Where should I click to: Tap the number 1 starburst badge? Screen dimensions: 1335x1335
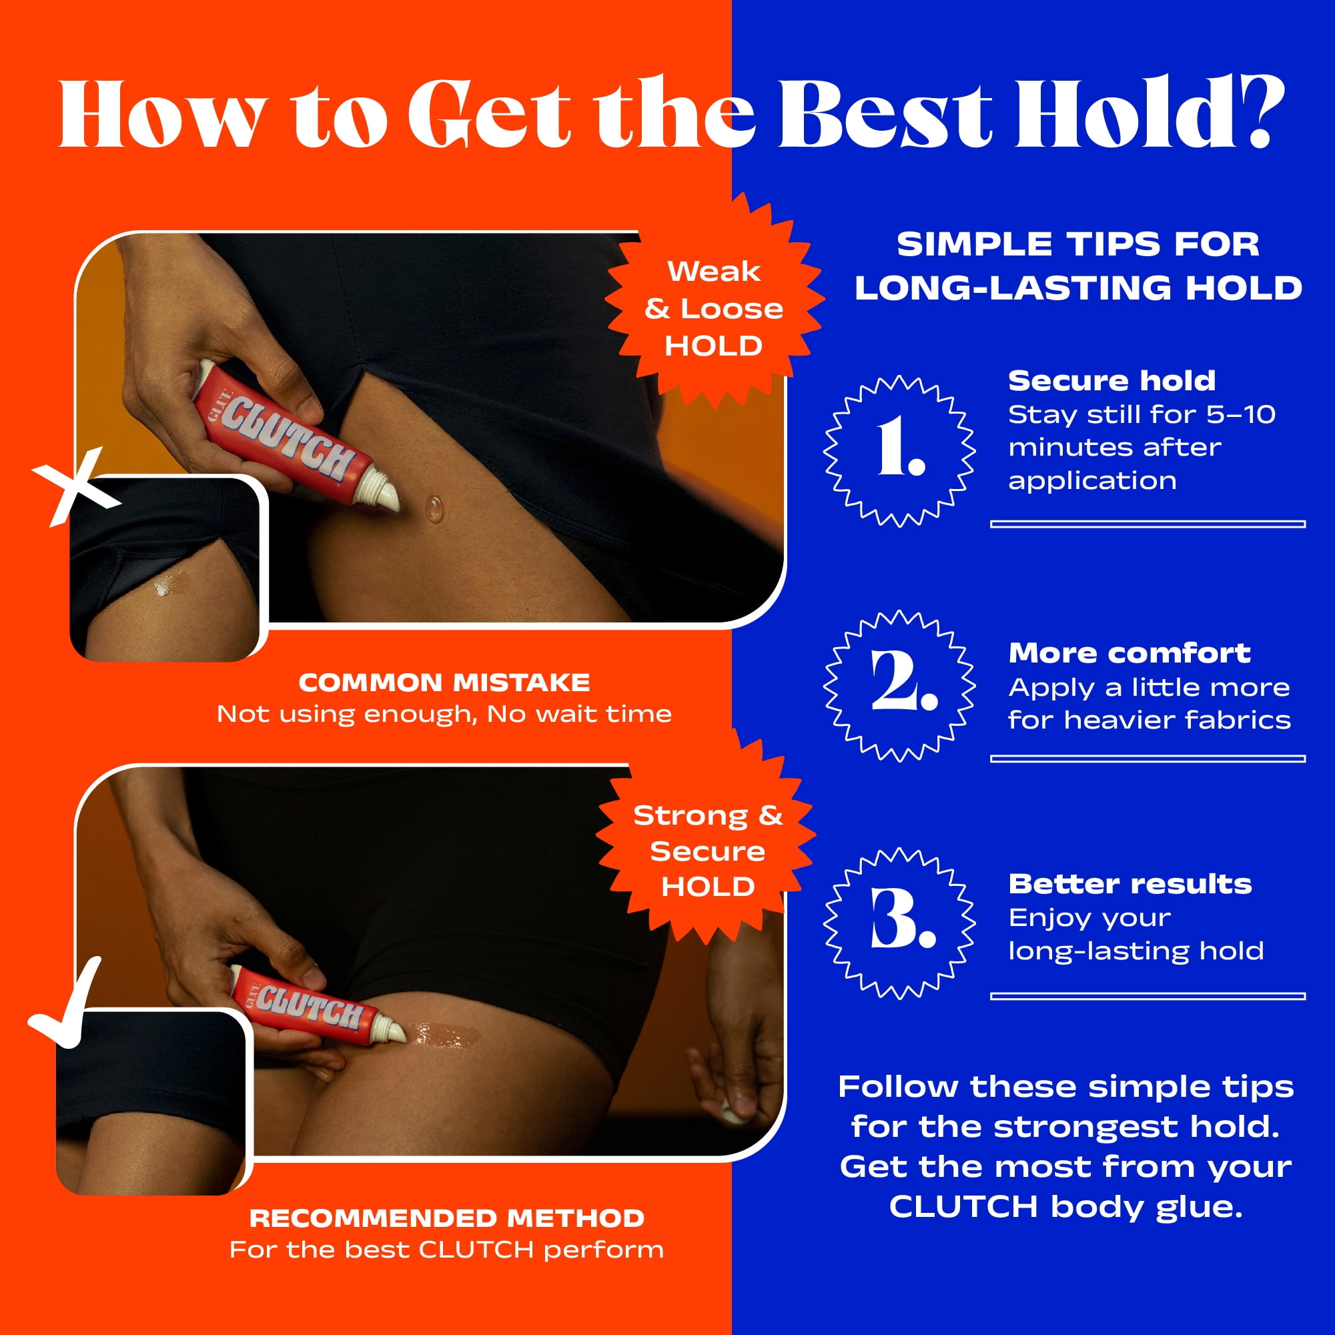point(899,450)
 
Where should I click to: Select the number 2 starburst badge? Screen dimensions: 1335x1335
point(899,685)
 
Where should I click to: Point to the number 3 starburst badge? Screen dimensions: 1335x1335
point(899,923)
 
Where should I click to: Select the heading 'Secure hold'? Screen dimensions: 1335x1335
point(1111,381)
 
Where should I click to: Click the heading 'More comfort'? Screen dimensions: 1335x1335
point(1129,653)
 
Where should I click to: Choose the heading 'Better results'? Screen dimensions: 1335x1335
point(1130,884)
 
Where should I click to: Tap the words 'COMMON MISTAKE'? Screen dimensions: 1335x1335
point(444,683)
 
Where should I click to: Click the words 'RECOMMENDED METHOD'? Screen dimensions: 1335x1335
point(447,1218)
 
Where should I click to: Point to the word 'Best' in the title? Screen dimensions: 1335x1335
point(885,113)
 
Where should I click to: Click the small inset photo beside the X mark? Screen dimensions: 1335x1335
point(165,568)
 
